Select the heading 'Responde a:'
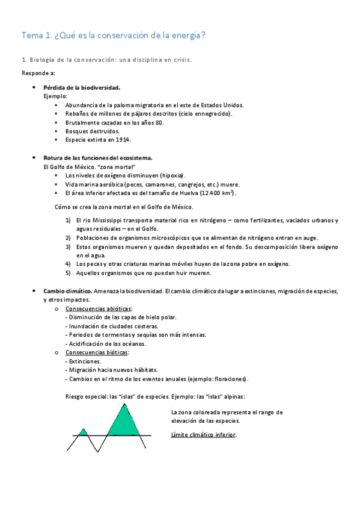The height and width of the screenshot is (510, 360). click(38, 73)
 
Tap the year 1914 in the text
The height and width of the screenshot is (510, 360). click(123, 140)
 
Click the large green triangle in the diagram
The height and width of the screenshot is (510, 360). click(124, 422)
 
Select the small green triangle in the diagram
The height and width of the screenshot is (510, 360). click(84, 432)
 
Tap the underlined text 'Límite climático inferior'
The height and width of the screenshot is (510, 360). click(204, 434)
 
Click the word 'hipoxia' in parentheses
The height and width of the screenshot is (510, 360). click(168, 175)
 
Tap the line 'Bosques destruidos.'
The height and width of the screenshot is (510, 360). click(92, 131)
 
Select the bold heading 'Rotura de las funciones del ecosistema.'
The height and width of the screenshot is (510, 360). click(98, 158)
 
